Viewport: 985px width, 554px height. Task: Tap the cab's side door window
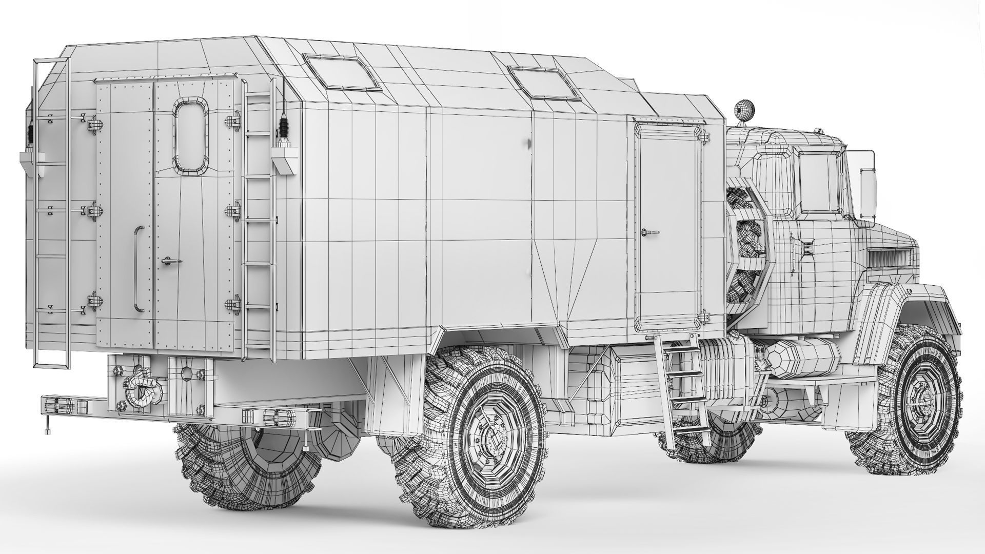818,183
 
